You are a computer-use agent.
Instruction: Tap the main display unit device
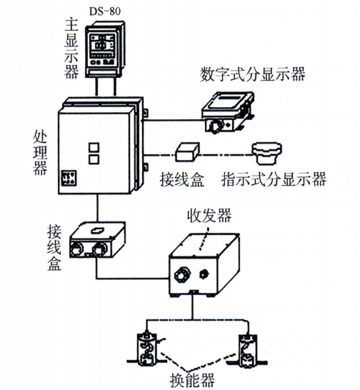(x=104, y=51)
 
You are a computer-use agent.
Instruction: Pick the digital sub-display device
(x=227, y=111)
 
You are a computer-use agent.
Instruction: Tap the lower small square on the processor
(x=92, y=160)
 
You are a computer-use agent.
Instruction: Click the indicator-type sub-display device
(x=269, y=153)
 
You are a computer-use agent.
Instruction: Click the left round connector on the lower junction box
(x=78, y=249)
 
